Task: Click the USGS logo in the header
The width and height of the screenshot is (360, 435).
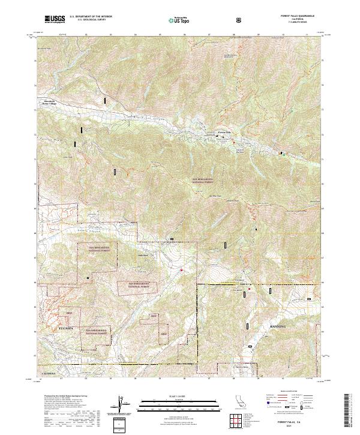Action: click(x=55, y=19)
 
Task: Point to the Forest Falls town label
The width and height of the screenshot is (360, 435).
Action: click(x=224, y=132)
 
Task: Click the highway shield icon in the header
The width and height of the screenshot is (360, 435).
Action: click(x=241, y=20)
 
